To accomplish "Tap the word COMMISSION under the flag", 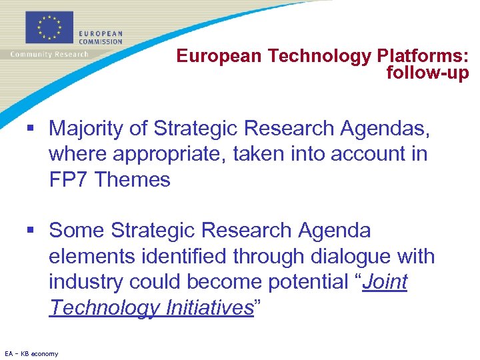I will pyautogui.click(x=101, y=41).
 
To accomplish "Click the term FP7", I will pyautogui.click(x=69, y=179).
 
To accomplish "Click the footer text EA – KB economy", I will pyautogui.click(x=31, y=353).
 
